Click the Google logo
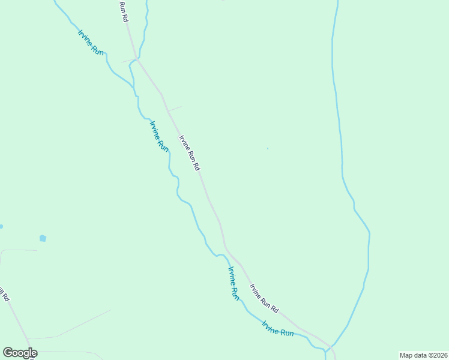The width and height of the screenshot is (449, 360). [x=20, y=353]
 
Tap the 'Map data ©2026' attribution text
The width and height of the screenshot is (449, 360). [x=423, y=355]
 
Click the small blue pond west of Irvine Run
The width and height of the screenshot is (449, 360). [x=43, y=238]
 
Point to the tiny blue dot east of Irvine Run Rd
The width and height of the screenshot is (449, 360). [x=268, y=148]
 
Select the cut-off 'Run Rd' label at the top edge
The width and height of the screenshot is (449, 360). [x=124, y=11]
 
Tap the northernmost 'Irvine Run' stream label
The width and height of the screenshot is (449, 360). [x=91, y=42]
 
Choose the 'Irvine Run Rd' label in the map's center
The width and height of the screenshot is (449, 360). [x=189, y=153]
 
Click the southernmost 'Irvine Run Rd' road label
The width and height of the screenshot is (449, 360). [x=264, y=298]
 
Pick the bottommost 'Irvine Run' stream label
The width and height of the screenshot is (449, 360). [x=278, y=328]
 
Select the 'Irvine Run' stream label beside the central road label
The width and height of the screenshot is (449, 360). [x=159, y=136]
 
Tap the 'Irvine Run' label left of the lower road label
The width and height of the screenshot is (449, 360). [x=233, y=282]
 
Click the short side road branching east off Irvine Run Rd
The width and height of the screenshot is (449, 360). [x=174, y=109]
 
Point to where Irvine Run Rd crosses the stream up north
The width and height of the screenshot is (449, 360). [x=137, y=59]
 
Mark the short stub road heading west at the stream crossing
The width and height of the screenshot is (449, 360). [x=128, y=61]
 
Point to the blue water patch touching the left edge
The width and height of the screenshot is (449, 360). [x=1, y=227]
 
